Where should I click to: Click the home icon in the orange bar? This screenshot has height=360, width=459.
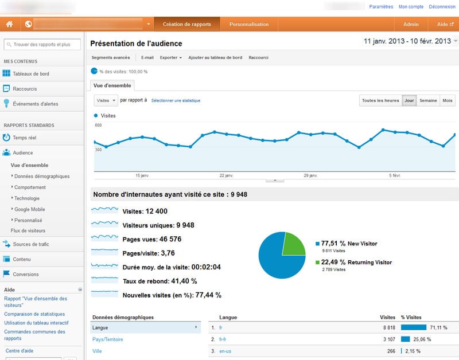click(9, 25)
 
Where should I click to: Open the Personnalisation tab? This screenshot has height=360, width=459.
click(249, 25)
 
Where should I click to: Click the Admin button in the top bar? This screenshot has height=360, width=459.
click(411, 25)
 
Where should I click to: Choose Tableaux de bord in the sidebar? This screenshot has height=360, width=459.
click(31, 74)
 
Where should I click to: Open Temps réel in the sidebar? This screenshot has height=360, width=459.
click(24, 138)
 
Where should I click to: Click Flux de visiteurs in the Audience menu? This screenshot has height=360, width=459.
click(28, 230)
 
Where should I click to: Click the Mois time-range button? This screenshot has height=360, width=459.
click(448, 101)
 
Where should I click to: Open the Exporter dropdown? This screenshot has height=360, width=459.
click(170, 57)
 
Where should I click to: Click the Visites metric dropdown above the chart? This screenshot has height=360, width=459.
click(106, 100)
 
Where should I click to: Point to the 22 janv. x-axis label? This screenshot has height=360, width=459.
click(226, 175)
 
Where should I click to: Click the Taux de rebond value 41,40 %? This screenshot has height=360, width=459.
click(183, 281)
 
